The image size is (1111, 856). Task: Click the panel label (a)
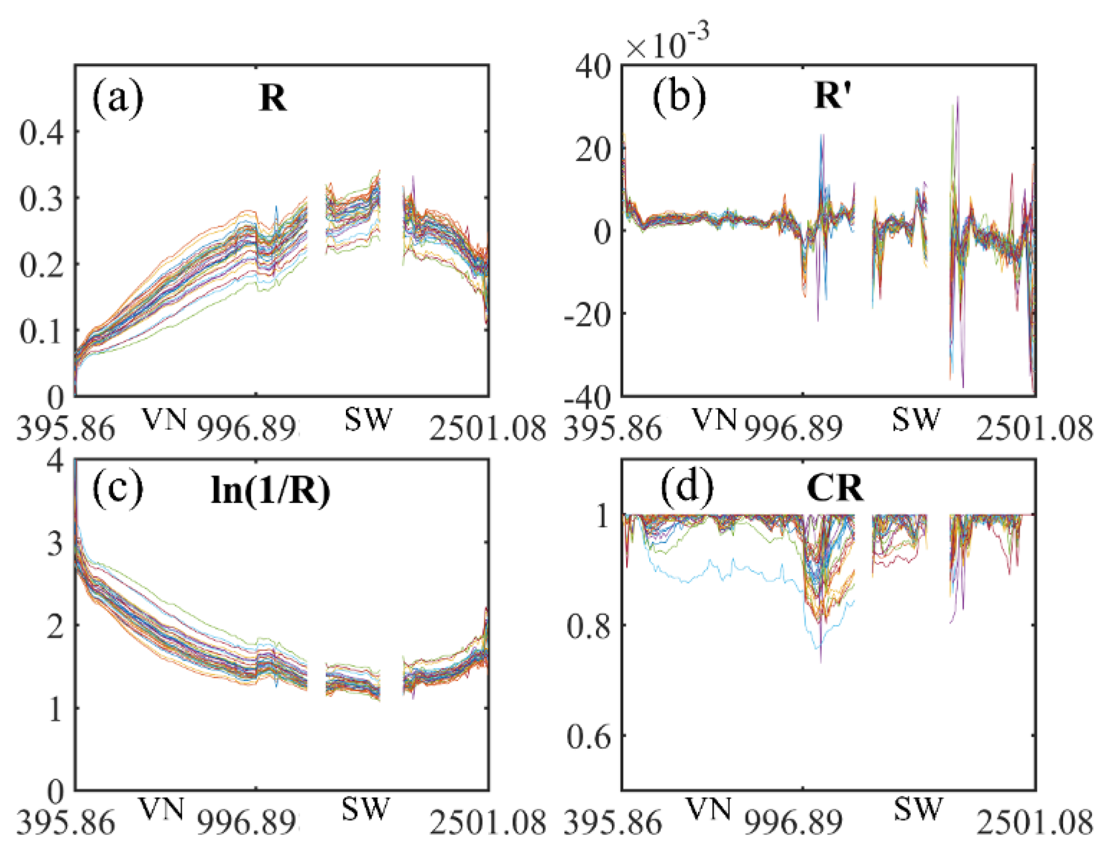(x=117, y=98)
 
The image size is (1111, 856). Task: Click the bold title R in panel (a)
(x=273, y=98)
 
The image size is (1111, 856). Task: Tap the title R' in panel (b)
(x=832, y=96)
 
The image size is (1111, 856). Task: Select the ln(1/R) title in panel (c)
(x=270, y=491)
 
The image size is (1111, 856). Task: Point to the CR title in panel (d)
(x=835, y=489)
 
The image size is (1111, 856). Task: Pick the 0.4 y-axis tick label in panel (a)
(x=42, y=132)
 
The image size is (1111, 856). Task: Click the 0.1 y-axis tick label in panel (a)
(x=42, y=332)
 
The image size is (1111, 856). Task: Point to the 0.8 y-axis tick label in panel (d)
(x=589, y=626)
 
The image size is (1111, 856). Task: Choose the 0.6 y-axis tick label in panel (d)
(x=589, y=736)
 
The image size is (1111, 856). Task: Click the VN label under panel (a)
(x=165, y=420)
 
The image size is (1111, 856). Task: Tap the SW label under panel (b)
(x=916, y=420)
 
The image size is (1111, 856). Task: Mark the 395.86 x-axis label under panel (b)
(x=612, y=429)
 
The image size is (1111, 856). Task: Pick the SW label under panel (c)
(x=364, y=809)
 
